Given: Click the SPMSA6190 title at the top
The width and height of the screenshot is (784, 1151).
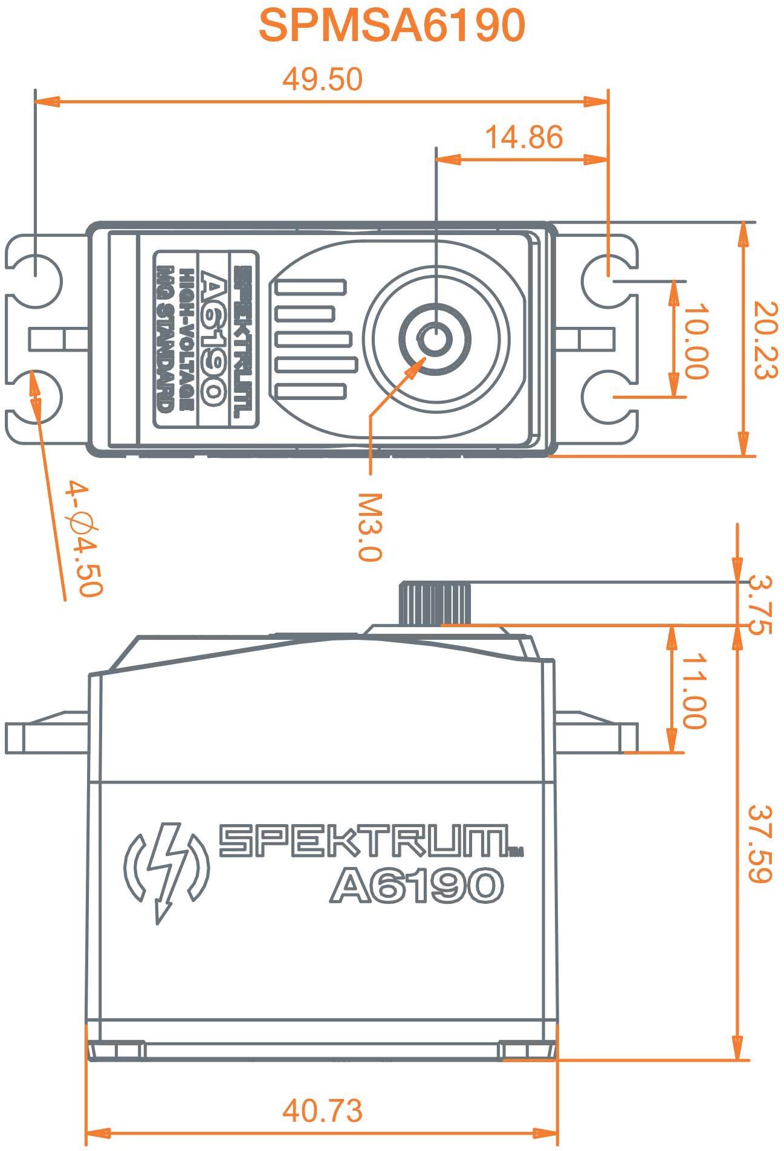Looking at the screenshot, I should (392, 26).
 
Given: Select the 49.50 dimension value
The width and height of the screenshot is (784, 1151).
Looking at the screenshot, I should (323, 80).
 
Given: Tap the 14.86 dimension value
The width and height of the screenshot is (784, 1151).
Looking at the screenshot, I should (523, 138).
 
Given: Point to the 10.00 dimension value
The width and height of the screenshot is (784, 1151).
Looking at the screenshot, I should (695, 341).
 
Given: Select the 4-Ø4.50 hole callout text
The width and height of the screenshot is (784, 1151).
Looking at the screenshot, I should (84, 538).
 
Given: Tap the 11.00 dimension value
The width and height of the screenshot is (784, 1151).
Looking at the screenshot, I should (693, 690).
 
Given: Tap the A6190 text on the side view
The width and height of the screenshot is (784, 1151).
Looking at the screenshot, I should (416, 886).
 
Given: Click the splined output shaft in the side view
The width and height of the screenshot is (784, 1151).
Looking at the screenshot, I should (435, 603).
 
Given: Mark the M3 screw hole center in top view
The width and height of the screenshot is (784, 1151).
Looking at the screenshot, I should (435, 338).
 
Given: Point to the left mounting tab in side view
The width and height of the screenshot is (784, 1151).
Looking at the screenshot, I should (45, 733).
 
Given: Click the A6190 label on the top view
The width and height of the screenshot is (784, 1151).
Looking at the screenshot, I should (212, 339).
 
